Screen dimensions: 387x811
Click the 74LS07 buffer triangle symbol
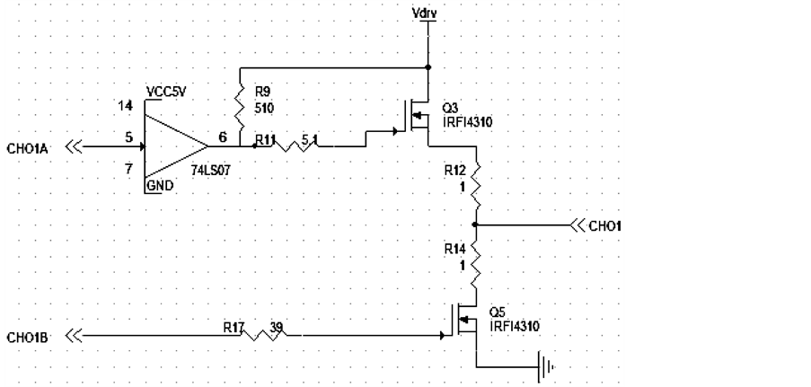coord(175,145)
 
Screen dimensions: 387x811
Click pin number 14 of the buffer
coord(126,106)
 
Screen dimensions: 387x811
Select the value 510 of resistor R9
coord(263,108)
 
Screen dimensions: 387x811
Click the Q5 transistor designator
coord(497,312)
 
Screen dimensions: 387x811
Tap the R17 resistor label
coord(234,328)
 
